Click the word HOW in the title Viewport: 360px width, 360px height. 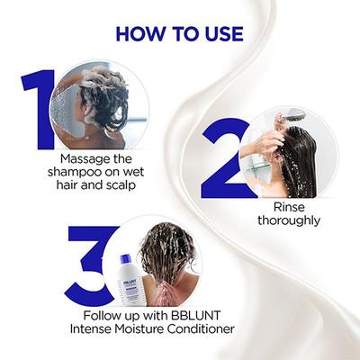point(144,34)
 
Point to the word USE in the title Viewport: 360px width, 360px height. point(221,34)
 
